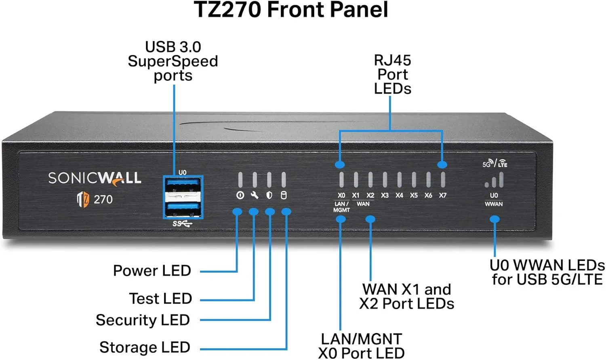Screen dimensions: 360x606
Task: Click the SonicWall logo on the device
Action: [95, 178]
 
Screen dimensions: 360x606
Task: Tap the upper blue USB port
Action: [183, 185]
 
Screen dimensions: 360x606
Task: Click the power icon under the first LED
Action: [240, 196]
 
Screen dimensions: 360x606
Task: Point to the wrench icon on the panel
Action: [255, 196]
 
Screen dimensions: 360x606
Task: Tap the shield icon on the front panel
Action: [269, 196]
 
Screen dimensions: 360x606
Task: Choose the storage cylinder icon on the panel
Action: [284, 196]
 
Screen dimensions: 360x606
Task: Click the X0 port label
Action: [341, 196]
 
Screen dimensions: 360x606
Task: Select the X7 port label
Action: [443, 196]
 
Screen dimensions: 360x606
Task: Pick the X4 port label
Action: [399, 196]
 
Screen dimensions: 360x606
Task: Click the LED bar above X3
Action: [385, 179]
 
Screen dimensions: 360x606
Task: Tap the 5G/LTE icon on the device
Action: [494, 163]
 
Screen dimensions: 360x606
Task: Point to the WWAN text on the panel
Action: [494, 204]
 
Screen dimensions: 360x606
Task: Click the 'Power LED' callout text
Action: [152, 271]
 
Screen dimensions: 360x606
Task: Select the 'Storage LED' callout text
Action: [145, 347]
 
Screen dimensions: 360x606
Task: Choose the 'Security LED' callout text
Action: [143, 320]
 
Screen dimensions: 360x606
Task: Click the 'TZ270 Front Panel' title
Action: [291, 10]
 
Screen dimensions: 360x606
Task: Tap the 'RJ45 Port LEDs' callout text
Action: [392, 75]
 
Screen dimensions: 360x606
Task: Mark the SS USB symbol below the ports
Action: [182, 223]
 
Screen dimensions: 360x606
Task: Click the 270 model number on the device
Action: [103, 200]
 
